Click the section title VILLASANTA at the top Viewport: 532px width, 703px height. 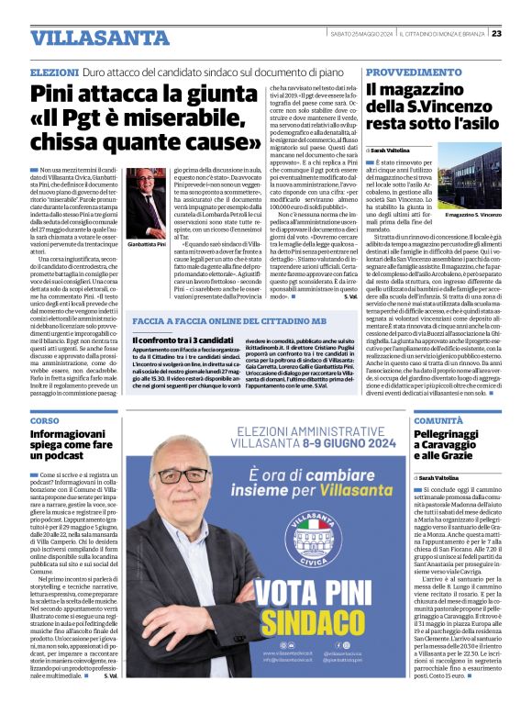(87, 38)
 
